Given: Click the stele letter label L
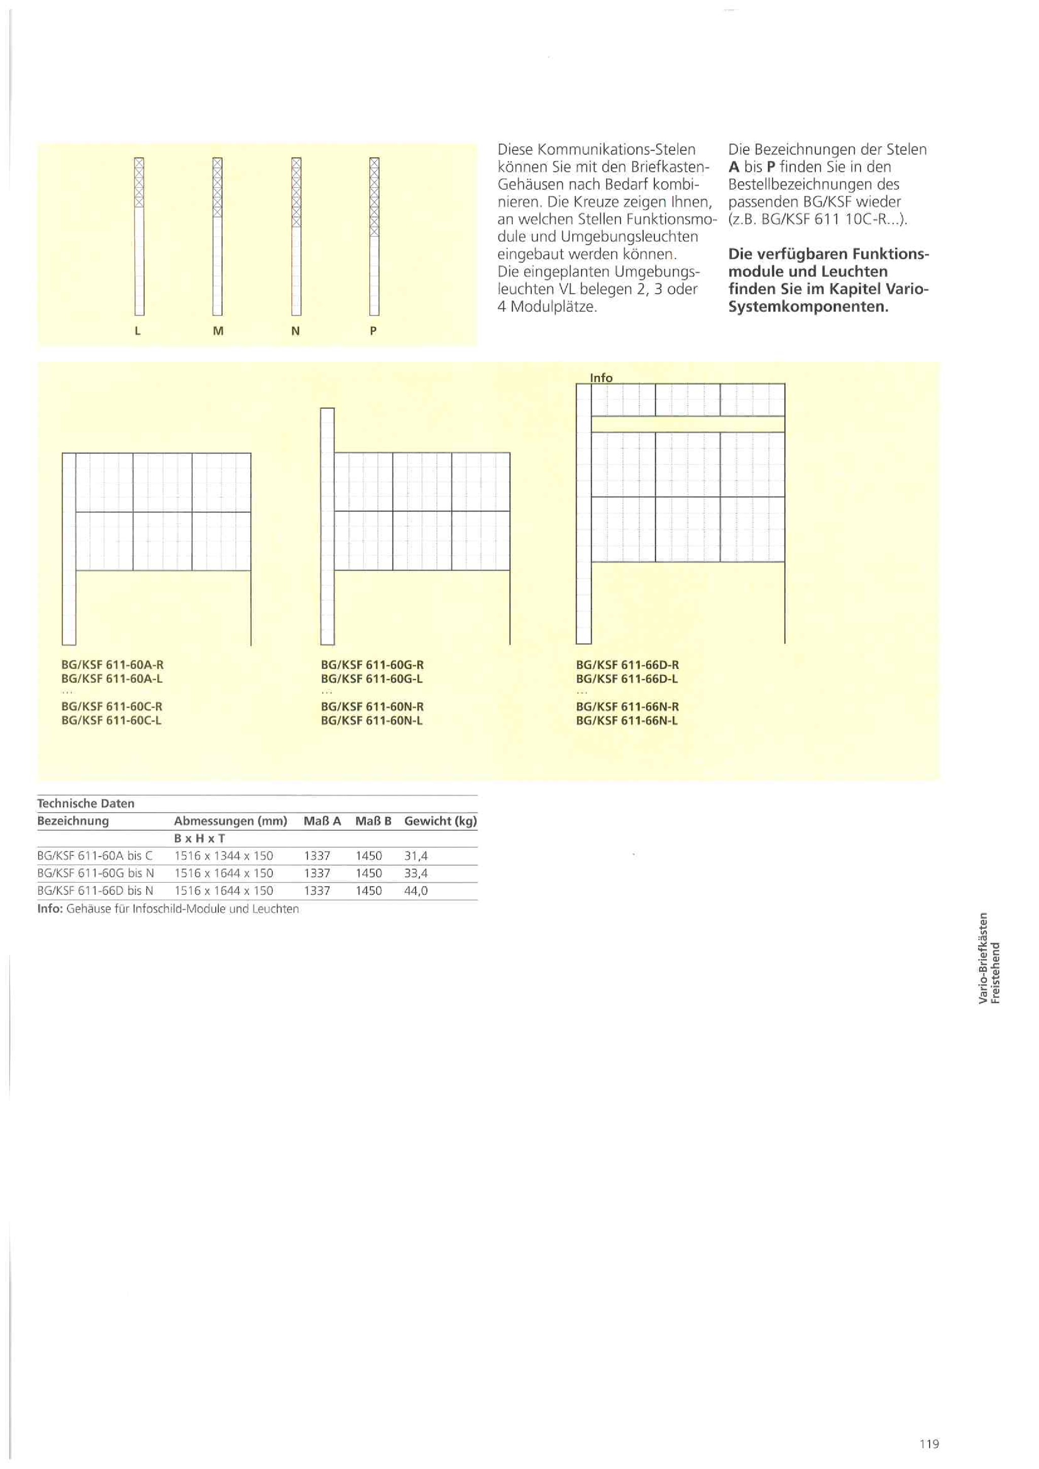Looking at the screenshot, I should coord(137,331).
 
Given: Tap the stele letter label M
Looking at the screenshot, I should coord(218,331).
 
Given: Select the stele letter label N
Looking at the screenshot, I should coord(296,331).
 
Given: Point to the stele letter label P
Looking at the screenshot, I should coord(373,331).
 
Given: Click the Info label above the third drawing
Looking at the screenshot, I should coord(601,377).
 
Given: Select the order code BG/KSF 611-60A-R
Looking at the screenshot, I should coord(113,665).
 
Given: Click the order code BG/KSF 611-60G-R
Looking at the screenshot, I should coord(372,665).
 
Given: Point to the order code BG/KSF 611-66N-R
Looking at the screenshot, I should coord(628,707).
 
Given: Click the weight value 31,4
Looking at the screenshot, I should coord(416,856).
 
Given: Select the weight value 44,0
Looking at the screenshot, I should coord(416,891).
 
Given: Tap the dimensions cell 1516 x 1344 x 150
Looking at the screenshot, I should coord(224,856).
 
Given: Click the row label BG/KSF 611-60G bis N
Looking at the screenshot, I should coord(95,873).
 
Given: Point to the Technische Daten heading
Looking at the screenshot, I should coord(86,803).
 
